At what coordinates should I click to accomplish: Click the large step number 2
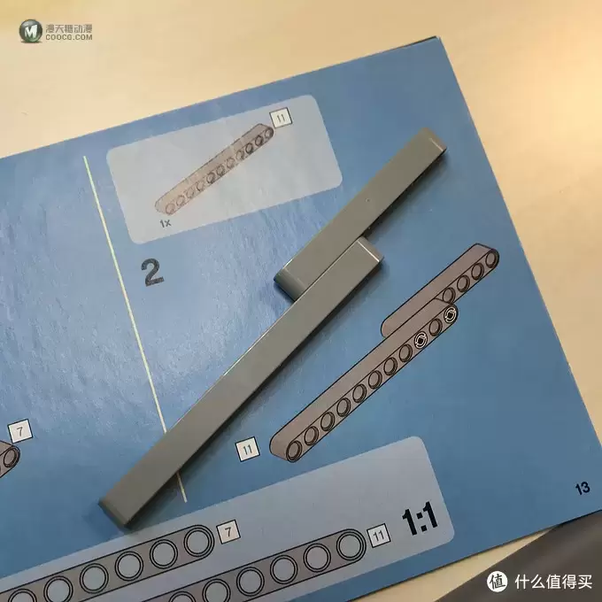(x=153, y=272)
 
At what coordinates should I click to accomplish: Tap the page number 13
(x=582, y=488)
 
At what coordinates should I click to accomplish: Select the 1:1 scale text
(x=420, y=518)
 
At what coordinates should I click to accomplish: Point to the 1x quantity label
(x=165, y=223)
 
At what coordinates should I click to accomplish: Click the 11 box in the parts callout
(x=281, y=119)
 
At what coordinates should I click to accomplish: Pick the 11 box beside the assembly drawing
(x=247, y=449)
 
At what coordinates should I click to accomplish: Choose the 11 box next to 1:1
(x=379, y=536)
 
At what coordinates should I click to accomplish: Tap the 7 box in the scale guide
(x=228, y=532)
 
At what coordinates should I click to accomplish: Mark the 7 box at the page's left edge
(x=20, y=431)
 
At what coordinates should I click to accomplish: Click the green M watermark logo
(x=30, y=31)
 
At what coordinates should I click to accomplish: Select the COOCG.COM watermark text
(x=69, y=37)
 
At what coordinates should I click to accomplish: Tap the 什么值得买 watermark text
(x=553, y=582)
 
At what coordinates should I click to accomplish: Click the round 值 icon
(x=497, y=582)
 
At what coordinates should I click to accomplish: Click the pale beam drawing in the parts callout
(x=215, y=168)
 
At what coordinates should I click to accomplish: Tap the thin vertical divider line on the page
(x=135, y=328)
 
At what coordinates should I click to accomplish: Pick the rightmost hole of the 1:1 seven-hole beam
(x=198, y=541)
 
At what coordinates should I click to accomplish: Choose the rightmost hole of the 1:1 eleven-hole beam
(x=351, y=547)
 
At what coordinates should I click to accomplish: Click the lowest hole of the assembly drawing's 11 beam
(x=295, y=450)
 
